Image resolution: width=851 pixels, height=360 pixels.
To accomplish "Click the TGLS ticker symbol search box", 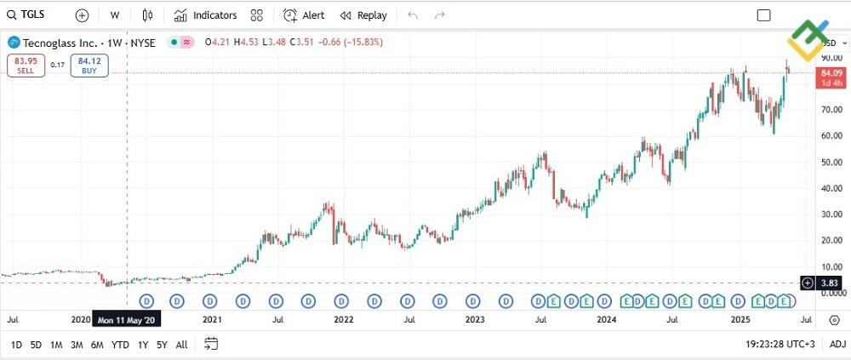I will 27,15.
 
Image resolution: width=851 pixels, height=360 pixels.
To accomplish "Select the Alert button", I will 304,15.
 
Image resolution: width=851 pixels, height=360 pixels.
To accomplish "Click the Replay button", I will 363,15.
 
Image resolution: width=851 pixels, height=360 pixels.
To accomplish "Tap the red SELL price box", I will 26,65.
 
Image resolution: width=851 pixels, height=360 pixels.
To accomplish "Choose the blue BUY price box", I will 89,65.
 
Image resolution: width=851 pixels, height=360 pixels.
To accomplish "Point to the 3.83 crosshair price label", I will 831,283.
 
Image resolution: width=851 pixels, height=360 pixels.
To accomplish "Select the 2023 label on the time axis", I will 475,320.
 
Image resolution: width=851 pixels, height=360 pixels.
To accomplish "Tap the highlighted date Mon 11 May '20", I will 127,320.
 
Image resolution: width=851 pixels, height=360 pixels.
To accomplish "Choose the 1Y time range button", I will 142,345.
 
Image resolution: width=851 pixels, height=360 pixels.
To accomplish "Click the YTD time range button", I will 120,345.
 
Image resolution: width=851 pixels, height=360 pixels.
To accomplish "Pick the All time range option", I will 181,345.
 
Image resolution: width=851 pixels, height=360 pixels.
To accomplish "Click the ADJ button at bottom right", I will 837,345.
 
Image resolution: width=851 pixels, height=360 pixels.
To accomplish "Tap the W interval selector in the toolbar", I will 114,15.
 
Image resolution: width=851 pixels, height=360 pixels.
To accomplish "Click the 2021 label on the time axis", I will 212,320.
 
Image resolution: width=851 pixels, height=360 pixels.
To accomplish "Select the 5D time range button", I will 36,345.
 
